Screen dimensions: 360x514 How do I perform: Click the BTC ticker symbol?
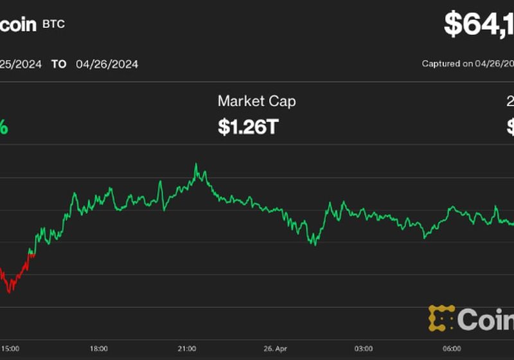(x=53, y=24)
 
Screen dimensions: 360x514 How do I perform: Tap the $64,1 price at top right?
(x=479, y=24)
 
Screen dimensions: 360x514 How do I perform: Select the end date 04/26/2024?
(x=107, y=64)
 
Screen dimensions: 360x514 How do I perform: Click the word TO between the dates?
(x=58, y=64)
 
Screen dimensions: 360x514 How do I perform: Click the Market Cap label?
(x=256, y=101)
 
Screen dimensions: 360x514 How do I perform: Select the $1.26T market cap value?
(x=248, y=127)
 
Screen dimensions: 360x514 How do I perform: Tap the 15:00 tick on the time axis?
(x=10, y=348)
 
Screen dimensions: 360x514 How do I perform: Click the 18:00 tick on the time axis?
(x=98, y=348)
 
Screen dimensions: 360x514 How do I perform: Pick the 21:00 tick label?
(x=186, y=348)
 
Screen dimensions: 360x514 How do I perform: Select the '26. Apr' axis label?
(x=274, y=348)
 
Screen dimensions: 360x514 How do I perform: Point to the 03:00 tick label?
(x=363, y=348)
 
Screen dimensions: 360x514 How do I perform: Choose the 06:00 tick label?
(x=451, y=348)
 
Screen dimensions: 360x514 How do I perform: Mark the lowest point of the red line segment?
(x=8, y=292)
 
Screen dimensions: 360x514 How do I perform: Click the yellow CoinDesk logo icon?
(x=441, y=318)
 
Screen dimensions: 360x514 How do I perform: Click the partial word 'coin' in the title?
(x=18, y=24)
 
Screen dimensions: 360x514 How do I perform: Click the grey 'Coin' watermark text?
(x=486, y=319)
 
